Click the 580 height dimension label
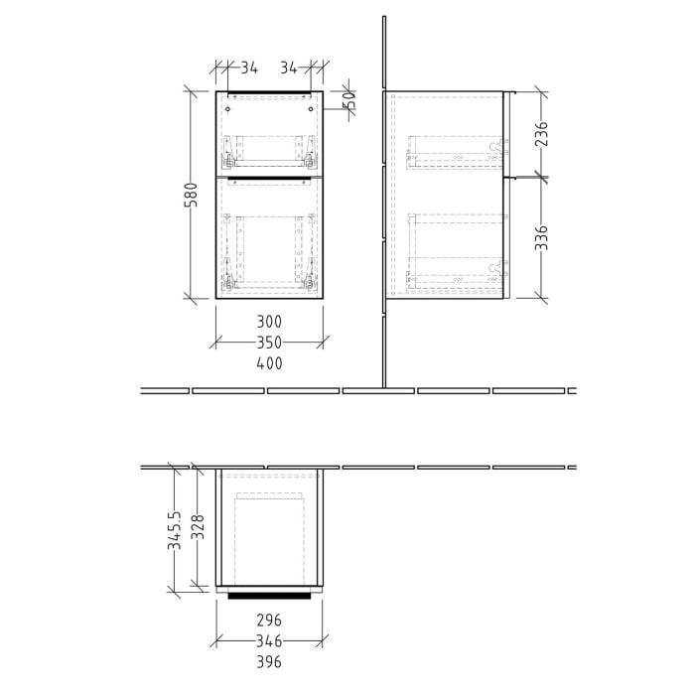coord(195,194)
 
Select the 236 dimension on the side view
coord(541,134)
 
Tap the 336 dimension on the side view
coord(541,239)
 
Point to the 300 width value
coord(269,322)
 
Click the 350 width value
coord(269,343)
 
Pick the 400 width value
coord(269,363)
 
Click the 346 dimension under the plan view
coord(269,640)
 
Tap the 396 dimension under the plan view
coord(269,661)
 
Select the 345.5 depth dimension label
coord(174,531)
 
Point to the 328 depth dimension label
coord(199,530)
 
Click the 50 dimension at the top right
coord(349,99)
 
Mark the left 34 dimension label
coord(248,69)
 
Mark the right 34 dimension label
coord(289,69)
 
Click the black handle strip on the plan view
coord(269,597)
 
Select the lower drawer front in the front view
coord(269,238)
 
